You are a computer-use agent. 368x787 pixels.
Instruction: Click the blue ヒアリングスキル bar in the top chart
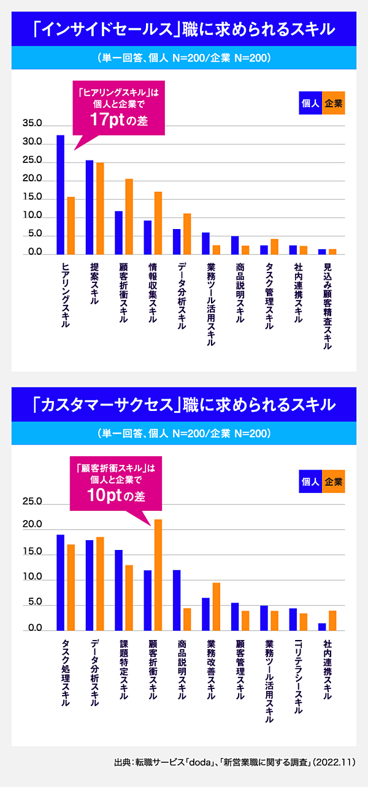point(61,194)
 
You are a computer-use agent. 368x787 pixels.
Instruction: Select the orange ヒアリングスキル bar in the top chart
point(71,225)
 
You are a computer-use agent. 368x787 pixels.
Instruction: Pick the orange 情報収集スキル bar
point(158,223)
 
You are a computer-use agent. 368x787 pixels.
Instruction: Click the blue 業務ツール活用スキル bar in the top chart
point(206,243)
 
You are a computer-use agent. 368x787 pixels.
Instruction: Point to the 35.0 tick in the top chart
point(32,124)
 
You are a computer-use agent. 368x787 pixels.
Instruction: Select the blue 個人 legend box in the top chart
point(310,104)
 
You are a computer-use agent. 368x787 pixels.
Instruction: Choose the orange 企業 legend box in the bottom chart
point(334,481)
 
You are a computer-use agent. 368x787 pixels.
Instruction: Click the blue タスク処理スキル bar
point(61,582)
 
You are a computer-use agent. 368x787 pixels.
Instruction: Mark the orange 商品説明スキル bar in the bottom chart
point(187,619)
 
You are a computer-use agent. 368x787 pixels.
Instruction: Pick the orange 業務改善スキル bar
point(216,606)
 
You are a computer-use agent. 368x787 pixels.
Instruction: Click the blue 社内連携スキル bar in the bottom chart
point(322,627)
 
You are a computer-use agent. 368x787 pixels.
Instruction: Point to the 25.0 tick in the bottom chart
point(32,502)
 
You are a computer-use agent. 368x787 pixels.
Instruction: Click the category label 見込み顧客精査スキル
point(328,306)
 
